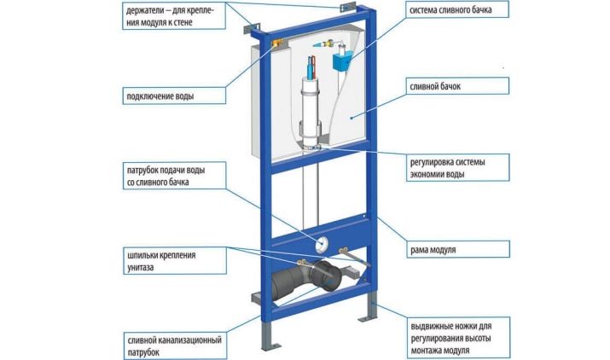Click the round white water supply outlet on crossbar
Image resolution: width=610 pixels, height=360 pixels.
[324, 242]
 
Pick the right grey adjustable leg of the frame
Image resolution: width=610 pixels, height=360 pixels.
[374, 315]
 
